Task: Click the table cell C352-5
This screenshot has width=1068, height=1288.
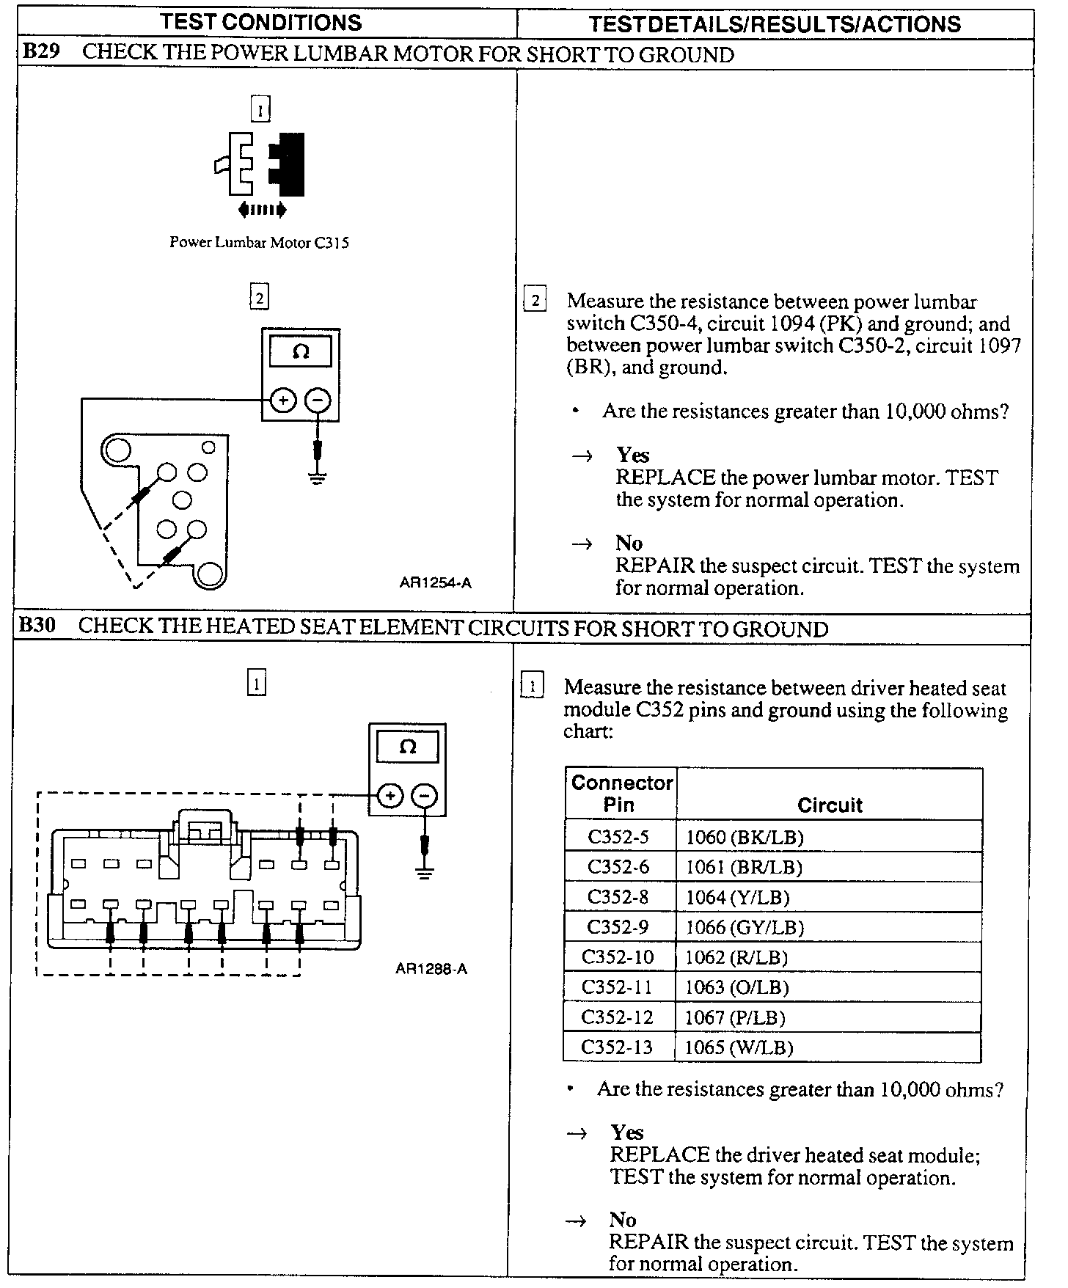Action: pyautogui.click(x=618, y=837)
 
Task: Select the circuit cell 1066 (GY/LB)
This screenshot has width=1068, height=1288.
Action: pyautogui.click(x=745, y=927)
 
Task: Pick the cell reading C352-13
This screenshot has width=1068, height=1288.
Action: pyautogui.click(x=617, y=1047)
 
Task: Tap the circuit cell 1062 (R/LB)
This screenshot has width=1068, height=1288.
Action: pyautogui.click(x=736, y=957)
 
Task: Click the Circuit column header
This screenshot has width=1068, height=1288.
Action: pyautogui.click(x=830, y=805)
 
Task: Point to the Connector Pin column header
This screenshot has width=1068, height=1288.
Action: pyautogui.click(x=621, y=794)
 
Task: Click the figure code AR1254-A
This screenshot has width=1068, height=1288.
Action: pyautogui.click(x=435, y=583)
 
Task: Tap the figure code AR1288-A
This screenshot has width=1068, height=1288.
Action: pyautogui.click(x=431, y=969)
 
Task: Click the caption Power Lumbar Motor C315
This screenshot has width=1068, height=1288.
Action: pyautogui.click(x=259, y=242)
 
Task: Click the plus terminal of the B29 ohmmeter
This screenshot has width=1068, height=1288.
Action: pyautogui.click(x=283, y=400)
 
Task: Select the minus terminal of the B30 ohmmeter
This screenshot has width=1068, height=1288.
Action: pyautogui.click(x=424, y=796)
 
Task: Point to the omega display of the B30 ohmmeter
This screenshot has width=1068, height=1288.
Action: pyautogui.click(x=407, y=747)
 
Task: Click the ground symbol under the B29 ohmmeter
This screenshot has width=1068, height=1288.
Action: pyautogui.click(x=317, y=480)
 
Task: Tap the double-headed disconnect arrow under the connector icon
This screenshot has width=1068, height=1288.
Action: pyautogui.click(x=262, y=211)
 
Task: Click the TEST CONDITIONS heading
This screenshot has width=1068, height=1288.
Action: pyautogui.click(x=261, y=23)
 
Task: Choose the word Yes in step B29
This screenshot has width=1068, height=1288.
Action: pyautogui.click(x=632, y=455)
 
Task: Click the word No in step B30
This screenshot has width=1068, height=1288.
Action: pyautogui.click(x=622, y=1220)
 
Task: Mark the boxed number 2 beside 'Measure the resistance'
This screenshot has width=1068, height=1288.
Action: pyautogui.click(x=535, y=300)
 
